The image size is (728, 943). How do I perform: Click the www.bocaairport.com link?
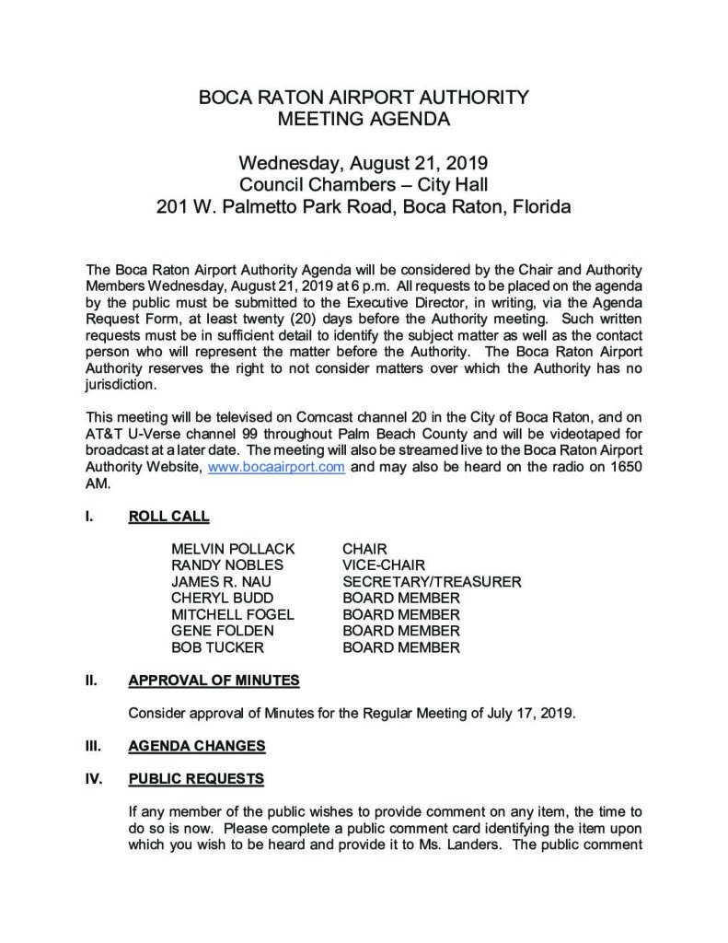[277, 467]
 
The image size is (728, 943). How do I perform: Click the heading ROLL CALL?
[168, 517]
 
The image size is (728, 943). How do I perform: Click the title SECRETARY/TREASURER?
[432, 582]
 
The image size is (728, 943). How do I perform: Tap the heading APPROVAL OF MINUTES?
[214, 681]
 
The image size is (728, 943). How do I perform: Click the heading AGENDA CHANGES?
[197, 746]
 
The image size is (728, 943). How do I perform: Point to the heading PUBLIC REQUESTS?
[196, 779]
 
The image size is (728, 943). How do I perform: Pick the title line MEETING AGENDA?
[364, 119]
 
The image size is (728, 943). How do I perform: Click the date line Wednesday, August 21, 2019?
[364, 165]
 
